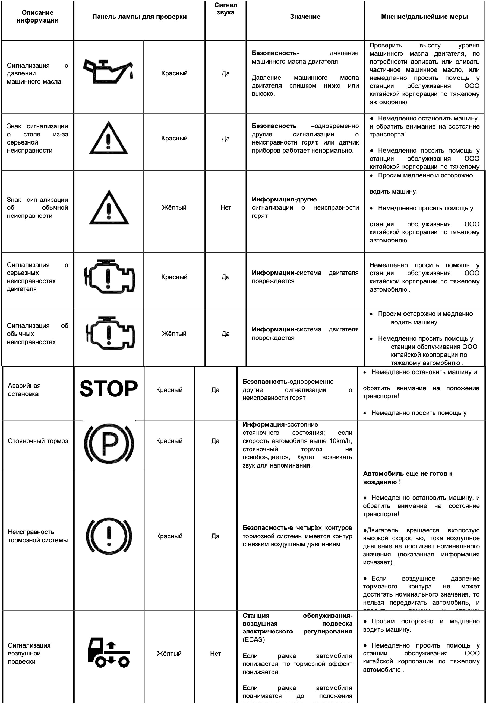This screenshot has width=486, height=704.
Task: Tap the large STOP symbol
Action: (109, 389)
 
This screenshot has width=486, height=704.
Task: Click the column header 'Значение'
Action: (305, 17)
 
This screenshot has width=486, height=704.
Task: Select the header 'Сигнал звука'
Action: (226, 9)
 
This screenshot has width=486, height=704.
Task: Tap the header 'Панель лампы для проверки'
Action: (140, 17)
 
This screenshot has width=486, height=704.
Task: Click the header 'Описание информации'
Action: (37, 17)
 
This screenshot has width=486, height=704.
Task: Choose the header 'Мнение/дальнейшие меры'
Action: (424, 17)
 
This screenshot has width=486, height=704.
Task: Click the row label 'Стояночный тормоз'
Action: (38, 441)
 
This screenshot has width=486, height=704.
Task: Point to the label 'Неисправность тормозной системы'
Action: (37, 536)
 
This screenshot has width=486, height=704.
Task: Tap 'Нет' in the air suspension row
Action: (215, 654)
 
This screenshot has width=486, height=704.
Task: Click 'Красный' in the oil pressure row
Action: (174, 73)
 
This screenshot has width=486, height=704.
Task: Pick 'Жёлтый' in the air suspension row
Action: (169, 654)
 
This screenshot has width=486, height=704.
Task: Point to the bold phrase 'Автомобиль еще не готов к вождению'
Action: (408, 478)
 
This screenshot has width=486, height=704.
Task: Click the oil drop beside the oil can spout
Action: (132, 75)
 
